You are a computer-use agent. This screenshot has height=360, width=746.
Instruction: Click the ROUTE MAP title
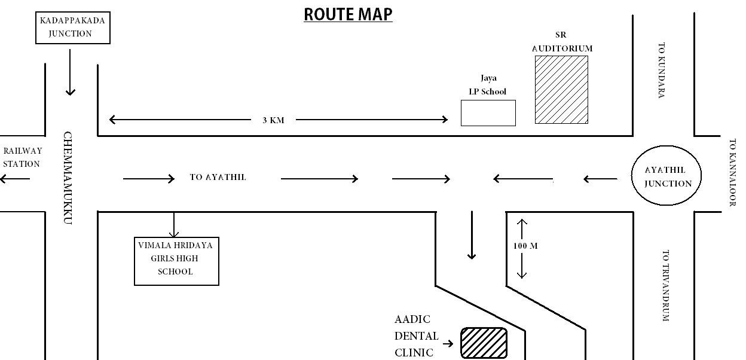(348, 14)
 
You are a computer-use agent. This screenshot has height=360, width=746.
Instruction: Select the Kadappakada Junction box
(73, 28)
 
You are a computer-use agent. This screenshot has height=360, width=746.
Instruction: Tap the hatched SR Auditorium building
(561, 90)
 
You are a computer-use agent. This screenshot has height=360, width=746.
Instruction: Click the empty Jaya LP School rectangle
(488, 113)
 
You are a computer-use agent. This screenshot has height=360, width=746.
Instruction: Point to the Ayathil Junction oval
(666, 176)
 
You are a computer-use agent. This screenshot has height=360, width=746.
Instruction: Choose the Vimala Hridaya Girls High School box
(176, 261)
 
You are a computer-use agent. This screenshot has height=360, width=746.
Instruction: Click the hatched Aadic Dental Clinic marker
(484, 343)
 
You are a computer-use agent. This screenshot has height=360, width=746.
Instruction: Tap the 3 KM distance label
(273, 120)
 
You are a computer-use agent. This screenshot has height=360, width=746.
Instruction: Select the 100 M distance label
(525, 246)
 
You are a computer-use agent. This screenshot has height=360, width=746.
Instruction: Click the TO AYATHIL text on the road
(218, 178)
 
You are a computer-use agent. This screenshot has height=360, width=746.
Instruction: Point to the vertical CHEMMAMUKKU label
(68, 178)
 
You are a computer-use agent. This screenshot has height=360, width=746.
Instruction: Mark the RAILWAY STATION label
(22, 157)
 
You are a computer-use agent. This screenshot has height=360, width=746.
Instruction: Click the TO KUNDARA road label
(661, 70)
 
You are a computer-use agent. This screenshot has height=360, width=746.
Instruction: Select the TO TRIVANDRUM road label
(665, 285)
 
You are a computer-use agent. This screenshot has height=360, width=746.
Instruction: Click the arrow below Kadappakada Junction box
(71, 72)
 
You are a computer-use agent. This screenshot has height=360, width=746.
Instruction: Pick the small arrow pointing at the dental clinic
(448, 344)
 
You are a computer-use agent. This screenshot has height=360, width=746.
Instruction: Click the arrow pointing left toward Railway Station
(14, 179)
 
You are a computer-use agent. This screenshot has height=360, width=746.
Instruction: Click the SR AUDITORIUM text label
(562, 42)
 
